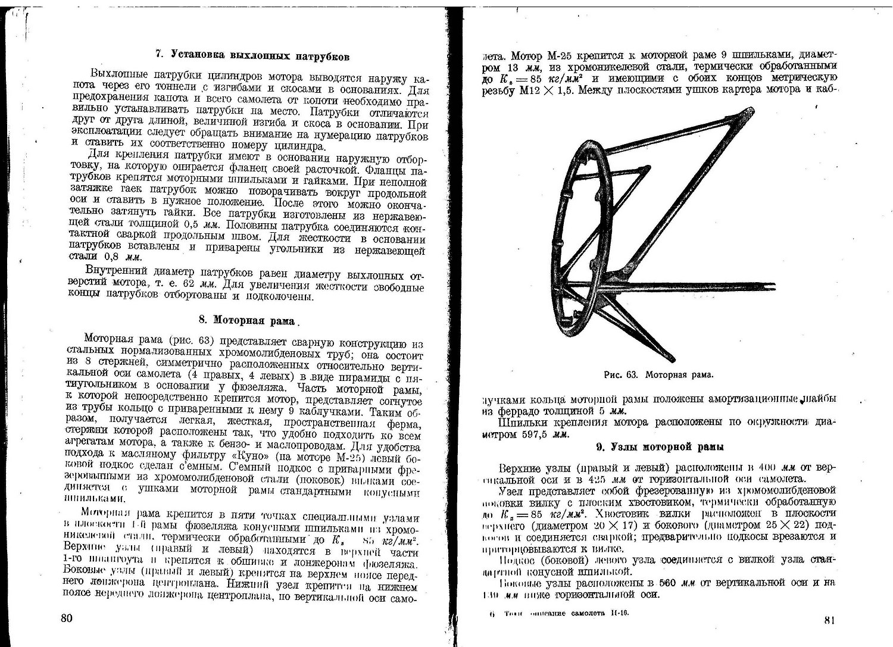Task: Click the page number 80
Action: click(x=67, y=617)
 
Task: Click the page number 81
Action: click(x=830, y=620)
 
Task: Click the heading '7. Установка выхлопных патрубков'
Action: click(x=252, y=56)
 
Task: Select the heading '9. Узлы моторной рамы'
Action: click(x=660, y=446)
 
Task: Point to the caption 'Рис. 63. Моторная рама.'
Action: click(x=658, y=375)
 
